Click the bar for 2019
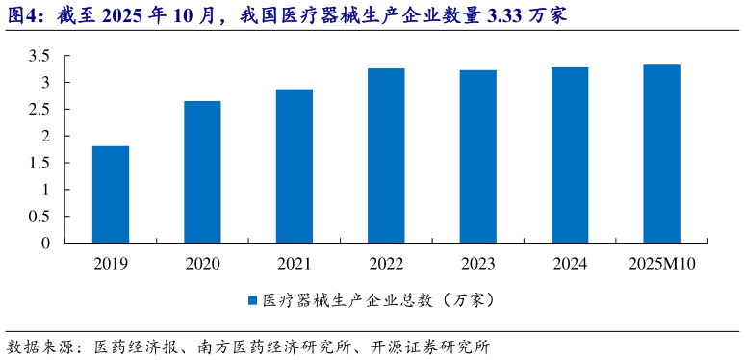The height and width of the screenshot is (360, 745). pyautogui.click(x=111, y=194)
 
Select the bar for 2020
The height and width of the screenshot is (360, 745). pyautogui.click(x=202, y=172)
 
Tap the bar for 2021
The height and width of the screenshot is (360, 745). pyautogui.click(x=295, y=166)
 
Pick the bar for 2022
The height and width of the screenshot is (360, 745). pyautogui.click(x=386, y=155)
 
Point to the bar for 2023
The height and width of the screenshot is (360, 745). pyautogui.click(x=478, y=156)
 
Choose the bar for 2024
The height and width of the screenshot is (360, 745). pyautogui.click(x=570, y=155)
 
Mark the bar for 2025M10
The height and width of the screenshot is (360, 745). pyautogui.click(x=662, y=154)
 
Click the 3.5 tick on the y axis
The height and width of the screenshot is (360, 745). pyautogui.click(x=39, y=56)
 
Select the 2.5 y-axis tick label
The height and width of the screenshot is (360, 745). pyautogui.click(x=39, y=110)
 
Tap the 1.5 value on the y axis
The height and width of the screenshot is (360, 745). pyautogui.click(x=39, y=163)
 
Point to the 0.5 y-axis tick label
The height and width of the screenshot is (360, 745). pyautogui.click(x=39, y=217)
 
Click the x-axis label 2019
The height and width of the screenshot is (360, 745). pyautogui.click(x=111, y=264)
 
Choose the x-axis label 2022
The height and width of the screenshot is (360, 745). pyautogui.click(x=386, y=264)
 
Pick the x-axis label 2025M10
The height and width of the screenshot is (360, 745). pyautogui.click(x=662, y=264)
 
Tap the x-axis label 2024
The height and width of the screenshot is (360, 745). pyautogui.click(x=570, y=264)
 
